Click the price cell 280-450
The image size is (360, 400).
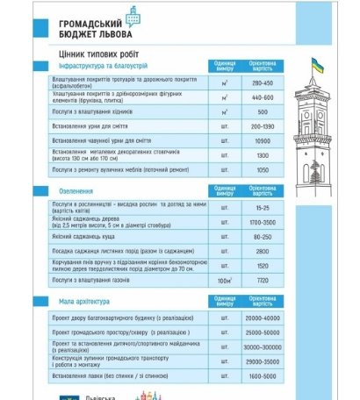pos(263,82)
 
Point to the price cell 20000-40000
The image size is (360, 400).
pos(263,318)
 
